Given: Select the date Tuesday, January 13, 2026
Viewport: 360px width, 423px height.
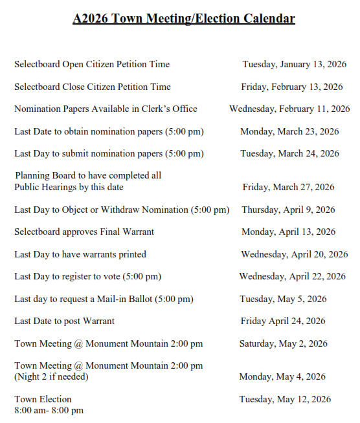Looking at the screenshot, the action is [295, 64].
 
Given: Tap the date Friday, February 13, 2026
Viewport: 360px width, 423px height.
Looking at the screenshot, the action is [292, 87].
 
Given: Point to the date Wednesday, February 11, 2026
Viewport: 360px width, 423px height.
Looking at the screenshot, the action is [289, 109].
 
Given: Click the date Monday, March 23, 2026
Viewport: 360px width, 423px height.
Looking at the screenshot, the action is [289, 131].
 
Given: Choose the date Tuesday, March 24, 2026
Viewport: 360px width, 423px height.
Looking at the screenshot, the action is [289, 153].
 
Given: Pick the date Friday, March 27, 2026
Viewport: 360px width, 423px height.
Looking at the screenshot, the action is [288, 187].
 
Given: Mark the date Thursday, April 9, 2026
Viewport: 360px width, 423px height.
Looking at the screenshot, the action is [288, 210].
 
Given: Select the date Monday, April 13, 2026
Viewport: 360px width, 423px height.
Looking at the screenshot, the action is [288, 232].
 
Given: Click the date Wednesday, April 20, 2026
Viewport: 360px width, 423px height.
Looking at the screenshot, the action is [295, 254].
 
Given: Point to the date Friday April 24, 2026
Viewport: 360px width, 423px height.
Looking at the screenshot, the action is [284, 321].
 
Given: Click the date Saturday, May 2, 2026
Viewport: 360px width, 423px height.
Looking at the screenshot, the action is [284, 343].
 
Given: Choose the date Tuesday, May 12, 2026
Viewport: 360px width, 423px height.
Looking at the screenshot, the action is [285, 399].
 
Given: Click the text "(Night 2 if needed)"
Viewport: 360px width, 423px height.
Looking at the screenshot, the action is [51, 376].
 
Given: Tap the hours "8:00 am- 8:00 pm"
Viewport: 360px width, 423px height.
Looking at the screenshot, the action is [49, 410].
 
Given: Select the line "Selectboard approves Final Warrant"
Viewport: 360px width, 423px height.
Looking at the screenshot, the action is [84, 232].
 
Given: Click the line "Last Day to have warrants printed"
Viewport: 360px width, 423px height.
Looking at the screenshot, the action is [80, 254].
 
